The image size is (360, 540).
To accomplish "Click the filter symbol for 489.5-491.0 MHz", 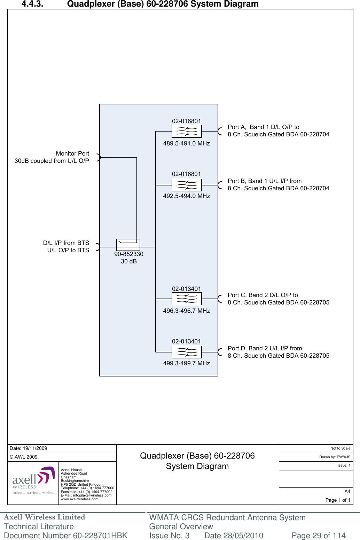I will pyautogui.click(x=187, y=131).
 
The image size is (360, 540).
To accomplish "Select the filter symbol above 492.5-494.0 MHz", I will pyautogui.click(x=187, y=185).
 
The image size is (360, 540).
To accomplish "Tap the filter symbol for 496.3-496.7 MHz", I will pyautogui.click(x=187, y=299).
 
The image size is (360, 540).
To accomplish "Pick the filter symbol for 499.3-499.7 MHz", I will pyautogui.click(x=187, y=352).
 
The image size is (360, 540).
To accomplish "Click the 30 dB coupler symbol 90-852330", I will pyautogui.click(x=128, y=245).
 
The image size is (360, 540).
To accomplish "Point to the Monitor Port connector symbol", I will pyautogui.click(x=99, y=157).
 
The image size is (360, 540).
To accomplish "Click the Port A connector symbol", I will pyautogui.click(x=219, y=131).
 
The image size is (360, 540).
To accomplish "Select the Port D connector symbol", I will pyautogui.click(x=219, y=352).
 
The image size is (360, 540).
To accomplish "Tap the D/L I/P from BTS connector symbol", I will pyautogui.click(x=99, y=247).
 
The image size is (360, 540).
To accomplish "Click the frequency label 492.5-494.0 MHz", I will pyautogui.click(x=187, y=196).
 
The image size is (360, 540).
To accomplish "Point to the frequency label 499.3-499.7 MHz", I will pyautogui.click(x=187, y=363).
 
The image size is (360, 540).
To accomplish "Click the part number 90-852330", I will pyautogui.click(x=129, y=254).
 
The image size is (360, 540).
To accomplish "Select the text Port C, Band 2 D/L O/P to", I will pyautogui.click(x=263, y=295).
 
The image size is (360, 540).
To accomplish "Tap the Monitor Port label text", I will pyautogui.click(x=72, y=153).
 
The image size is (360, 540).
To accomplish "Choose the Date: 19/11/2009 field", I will pyautogui.click(x=29, y=448).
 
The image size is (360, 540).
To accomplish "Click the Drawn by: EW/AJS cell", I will pyautogui.click(x=335, y=457).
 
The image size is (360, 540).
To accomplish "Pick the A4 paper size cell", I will pyautogui.click(x=347, y=491).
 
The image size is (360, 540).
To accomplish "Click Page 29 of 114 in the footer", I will pyautogui.click(x=318, y=535).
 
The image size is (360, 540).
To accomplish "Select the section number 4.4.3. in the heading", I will pyautogui.click(x=32, y=4).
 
